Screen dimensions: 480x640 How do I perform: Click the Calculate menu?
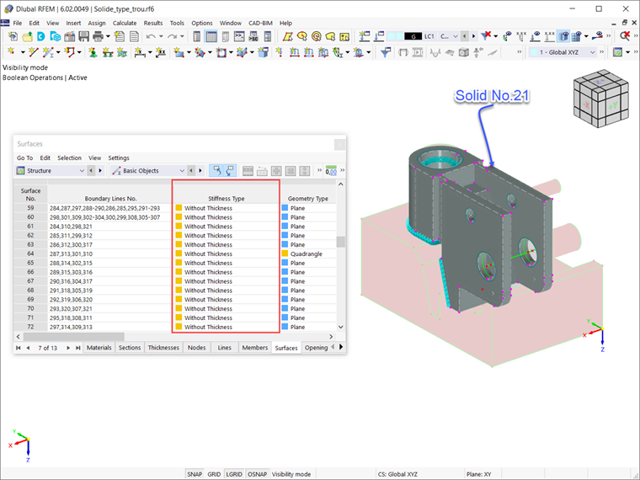click(125, 23)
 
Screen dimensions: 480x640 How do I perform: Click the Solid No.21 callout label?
click(492, 96)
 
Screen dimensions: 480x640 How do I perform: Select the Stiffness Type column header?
click(226, 199)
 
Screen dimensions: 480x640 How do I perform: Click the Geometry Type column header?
click(307, 199)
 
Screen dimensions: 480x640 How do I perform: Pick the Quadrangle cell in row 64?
click(308, 253)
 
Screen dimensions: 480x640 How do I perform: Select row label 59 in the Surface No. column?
click(30, 207)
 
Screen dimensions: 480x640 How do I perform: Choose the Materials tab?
click(99, 347)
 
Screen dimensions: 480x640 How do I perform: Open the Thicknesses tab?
click(163, 347)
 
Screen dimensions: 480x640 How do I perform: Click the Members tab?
click(254, 347)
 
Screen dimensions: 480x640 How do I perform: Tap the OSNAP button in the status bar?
click(256, 474)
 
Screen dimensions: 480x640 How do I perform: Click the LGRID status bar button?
click(234, 474)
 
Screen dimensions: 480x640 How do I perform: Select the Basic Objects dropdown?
click(147, 171)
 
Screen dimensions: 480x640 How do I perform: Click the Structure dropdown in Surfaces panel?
click(51, 171)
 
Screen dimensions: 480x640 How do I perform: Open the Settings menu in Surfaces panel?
click(119, 157)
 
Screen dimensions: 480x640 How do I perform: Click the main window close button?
click(624, 8)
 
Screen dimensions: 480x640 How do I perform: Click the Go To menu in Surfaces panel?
click(24, 157)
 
